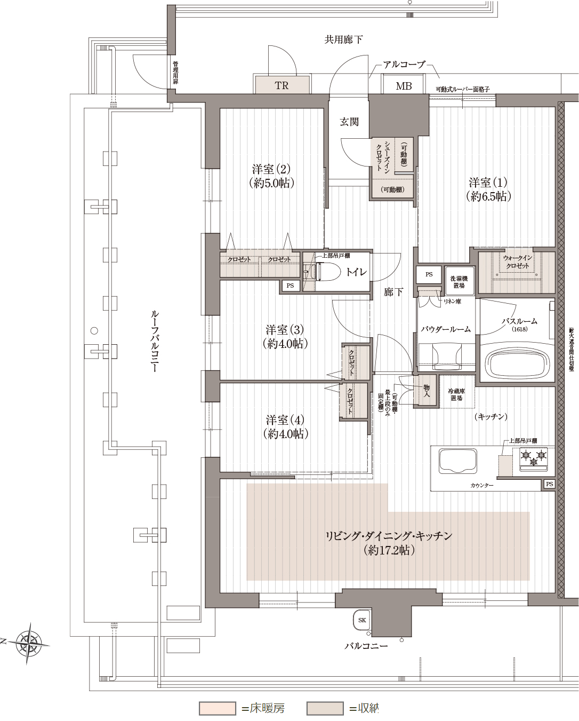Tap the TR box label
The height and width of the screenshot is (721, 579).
click(x=282, y=85)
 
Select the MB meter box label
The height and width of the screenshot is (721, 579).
click(x=404, y=85)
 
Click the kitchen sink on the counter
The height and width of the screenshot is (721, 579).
click(x=457, y=461)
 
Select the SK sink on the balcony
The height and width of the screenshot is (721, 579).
click(x=362, y=620)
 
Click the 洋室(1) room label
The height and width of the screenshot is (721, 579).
click(x=488, y=189)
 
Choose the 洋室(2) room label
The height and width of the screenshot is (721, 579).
click(x=271, y=176)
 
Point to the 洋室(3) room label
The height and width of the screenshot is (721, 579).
click(x=285, y=337)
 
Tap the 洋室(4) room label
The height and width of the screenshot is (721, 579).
click(x=285, y=427)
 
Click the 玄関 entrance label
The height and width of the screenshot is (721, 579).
click(x=349, y=122)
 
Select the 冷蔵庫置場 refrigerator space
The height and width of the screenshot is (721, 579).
click(x=456, y=394)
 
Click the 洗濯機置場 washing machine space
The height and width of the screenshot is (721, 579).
click(x=459, y=281)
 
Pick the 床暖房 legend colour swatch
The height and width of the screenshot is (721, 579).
click(x=218, y=708)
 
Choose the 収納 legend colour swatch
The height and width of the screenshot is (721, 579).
click(x=325, y=708)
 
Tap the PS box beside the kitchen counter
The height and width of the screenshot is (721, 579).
click(x=549, y=484)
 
